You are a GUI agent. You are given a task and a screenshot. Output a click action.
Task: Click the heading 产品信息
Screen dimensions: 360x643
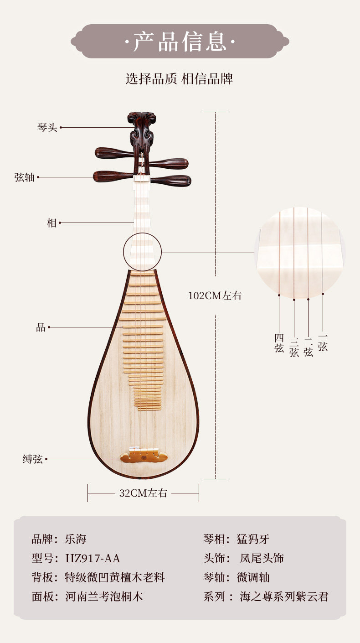(x=180, y=41)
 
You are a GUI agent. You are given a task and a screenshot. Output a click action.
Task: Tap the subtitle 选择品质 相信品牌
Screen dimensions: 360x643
(x=180, y=78)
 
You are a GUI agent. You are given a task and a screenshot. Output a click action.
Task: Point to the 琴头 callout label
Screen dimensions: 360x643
(x=47, y=128)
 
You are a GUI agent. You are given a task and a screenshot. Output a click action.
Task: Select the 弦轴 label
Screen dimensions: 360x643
(x=25, y=177)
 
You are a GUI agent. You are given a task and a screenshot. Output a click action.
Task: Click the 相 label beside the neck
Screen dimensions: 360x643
(x=52, y=223)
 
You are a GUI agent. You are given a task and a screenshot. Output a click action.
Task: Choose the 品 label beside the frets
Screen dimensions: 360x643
(x=41, y=327)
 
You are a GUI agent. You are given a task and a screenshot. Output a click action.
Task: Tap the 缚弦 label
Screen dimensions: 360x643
(x=33, y=459)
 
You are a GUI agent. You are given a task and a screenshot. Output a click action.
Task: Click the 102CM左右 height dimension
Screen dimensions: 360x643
(x=215, y=296)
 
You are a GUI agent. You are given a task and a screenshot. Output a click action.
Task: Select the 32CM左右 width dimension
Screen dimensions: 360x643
(x=143, y=493)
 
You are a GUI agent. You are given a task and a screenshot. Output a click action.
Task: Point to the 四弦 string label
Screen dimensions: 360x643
(x=279, y=343)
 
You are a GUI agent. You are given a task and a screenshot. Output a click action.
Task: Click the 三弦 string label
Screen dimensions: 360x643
(x=294, y=347)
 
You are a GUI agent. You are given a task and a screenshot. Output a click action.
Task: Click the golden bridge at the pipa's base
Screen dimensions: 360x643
(x=144, y=456)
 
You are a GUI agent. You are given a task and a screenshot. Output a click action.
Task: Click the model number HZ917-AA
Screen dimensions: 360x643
(x=93, y=558)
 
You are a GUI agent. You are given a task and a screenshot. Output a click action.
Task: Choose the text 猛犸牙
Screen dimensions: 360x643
(x=253, y=539)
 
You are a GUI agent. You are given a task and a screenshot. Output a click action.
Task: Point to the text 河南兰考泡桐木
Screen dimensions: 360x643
(x=104, y=596)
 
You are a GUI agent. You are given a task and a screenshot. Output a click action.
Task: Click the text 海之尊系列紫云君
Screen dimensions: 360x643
(x=284, y=596)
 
